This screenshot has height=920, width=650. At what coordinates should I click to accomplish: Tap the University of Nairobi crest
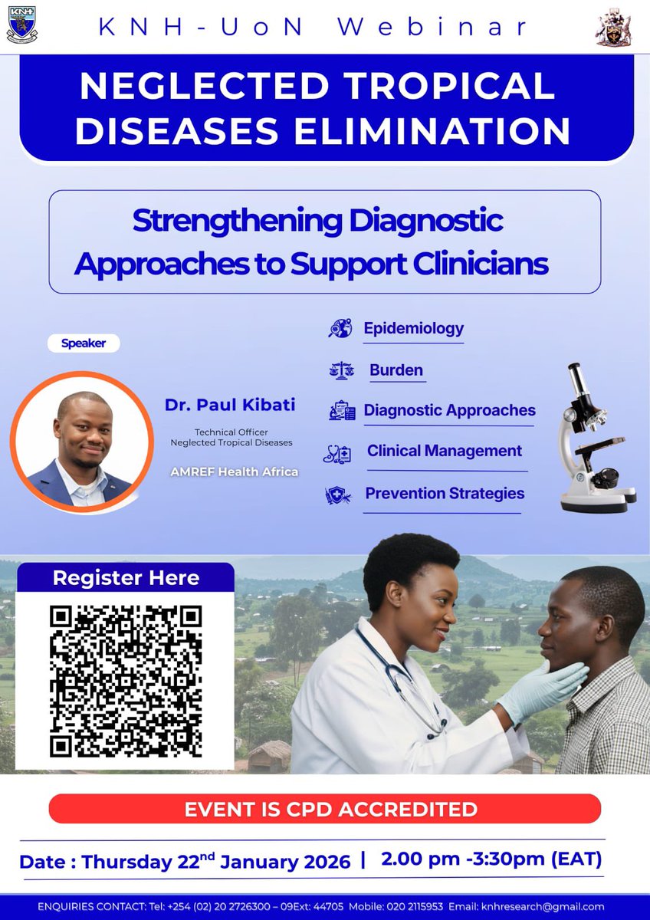pyautogui.click(x=613, y=28)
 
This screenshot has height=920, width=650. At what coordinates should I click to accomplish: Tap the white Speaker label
pyautogui.click(x=84, y=343)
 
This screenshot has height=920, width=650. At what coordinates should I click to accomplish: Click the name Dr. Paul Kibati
pyautogui.click(x=229, y=404)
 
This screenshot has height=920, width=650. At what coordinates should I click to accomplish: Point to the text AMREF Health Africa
pyautogui.click(x=235, y=472)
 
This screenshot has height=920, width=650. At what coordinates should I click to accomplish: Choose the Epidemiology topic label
pyautogui.click(x=413, y=328)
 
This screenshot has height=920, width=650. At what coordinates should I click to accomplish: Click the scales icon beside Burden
pyautogui.click(x=341, y=371)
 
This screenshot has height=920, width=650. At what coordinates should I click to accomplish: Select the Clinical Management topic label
pyautogui.click(x=445, y=451)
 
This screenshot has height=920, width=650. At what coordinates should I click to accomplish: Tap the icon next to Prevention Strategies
pyautogui.click(x=338, y=495)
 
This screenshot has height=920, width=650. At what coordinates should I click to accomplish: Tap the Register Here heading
pyautogui.click(x=126, y=578)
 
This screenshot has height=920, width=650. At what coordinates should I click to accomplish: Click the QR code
pyautogui.click(x=126, y=682)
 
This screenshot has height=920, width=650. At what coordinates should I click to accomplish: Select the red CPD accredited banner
pyautogui.click(x=325, y=809)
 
